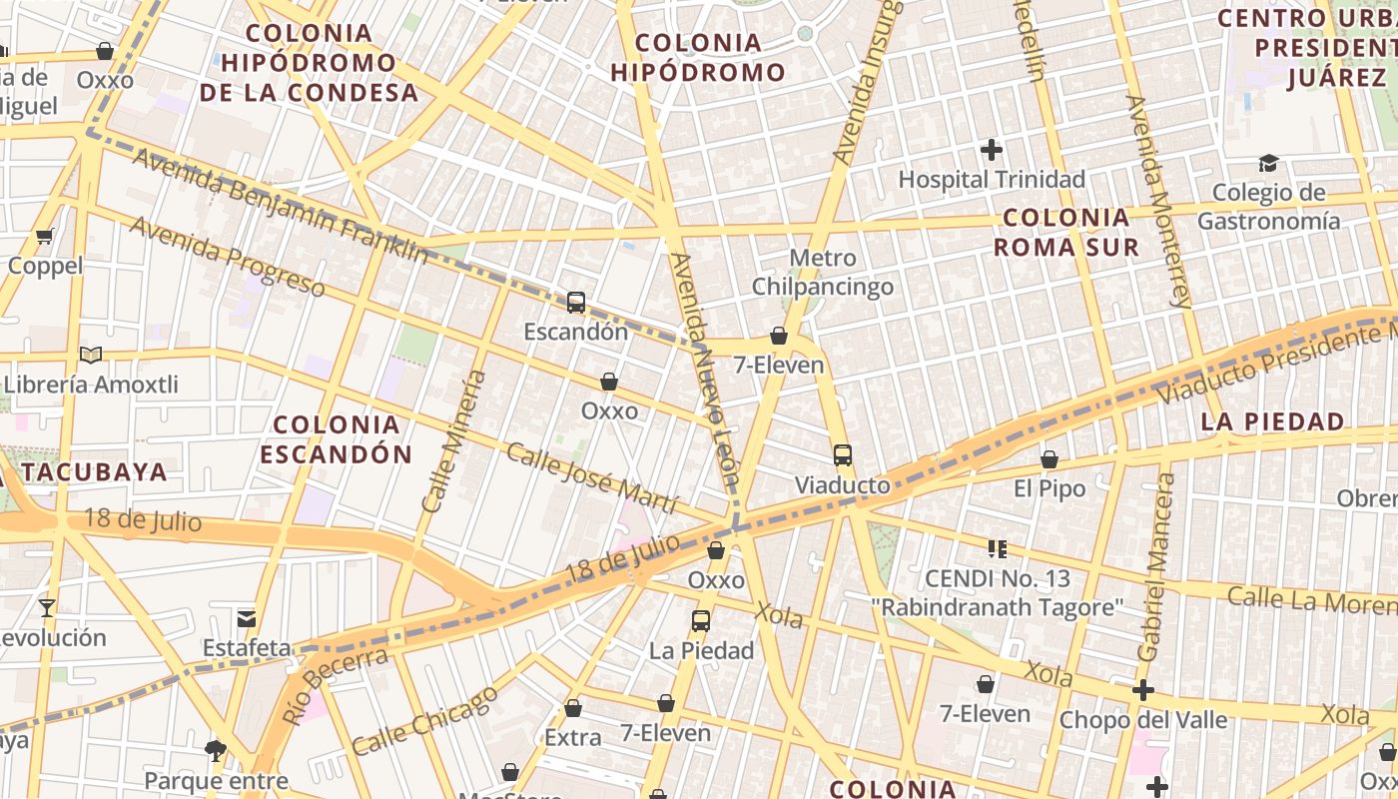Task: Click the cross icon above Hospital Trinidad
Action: pyautogui.click(x=992, y=151)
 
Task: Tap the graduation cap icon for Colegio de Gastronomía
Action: pyautogui.click(x=1268, y=163)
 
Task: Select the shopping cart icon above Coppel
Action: pyautogui.click(x=44, y=237)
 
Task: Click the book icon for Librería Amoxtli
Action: pyautogui.click(x=91, y=355)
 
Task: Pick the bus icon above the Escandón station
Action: pyautogui.click(x=576, y=303)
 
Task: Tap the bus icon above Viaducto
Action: pyautogui.click(x=843, y=455)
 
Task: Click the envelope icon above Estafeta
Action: pyautogui.click(x=247, y=619)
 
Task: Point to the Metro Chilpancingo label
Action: pyautogui.click(x=822, y=273)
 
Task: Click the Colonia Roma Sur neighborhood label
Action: pyautogui.click(x=1066, y=232)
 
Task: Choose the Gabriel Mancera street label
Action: pyautogui.click(x=1156, y=567)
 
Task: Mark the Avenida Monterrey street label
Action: pyautogui.click(x=1158, y=200)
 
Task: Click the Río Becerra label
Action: pyautogui.click(x=336, y=683)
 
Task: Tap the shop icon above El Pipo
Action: pyautogui.click(x=1049, y=460)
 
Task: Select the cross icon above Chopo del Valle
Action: pyautogui.click(x=1143, y=690)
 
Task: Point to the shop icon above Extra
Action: pyautogui.click(x=573, y=709)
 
